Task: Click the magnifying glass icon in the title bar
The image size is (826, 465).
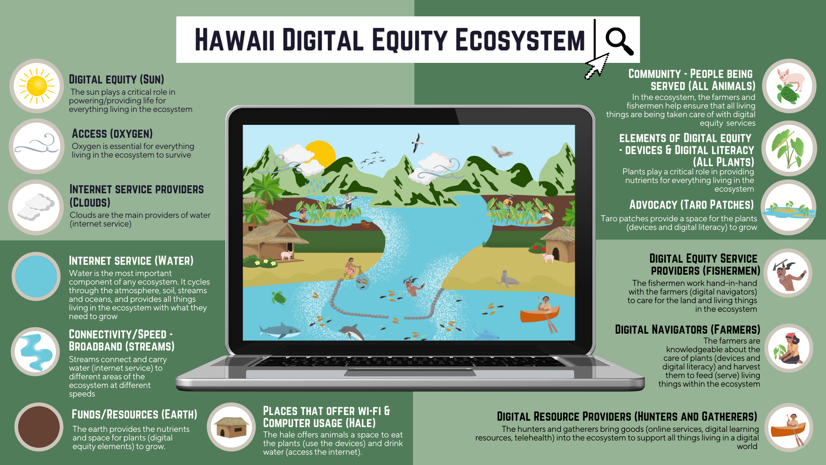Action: click(619, 41)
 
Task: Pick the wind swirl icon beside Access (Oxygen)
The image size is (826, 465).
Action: click(37, 146)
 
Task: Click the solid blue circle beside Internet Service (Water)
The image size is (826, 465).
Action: click(36, 276)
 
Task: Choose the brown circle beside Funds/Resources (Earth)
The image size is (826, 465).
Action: click(39, 427)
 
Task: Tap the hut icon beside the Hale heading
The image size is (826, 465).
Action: click(231, 427)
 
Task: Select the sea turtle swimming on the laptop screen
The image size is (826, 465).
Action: click(279, 298)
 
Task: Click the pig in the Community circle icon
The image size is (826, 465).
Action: click(792, 78)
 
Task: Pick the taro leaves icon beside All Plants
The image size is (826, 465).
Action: click(789, 149)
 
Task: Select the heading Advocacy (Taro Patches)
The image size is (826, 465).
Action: click(691, 205)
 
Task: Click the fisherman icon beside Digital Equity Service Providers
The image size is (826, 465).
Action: click(788, 274)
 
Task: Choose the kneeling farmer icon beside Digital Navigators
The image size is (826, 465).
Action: click(789, 348)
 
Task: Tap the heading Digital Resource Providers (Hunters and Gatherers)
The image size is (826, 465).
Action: click(626, 416)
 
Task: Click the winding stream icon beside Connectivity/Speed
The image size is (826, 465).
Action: click(36, 352)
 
